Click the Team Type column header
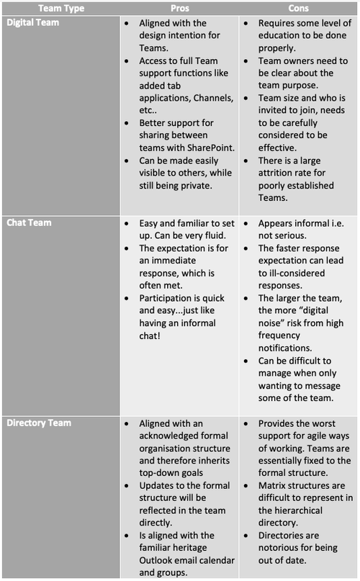point(60,8)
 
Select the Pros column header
point(179,8)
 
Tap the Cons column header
point(298,8)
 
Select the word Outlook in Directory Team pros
point(158,560)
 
